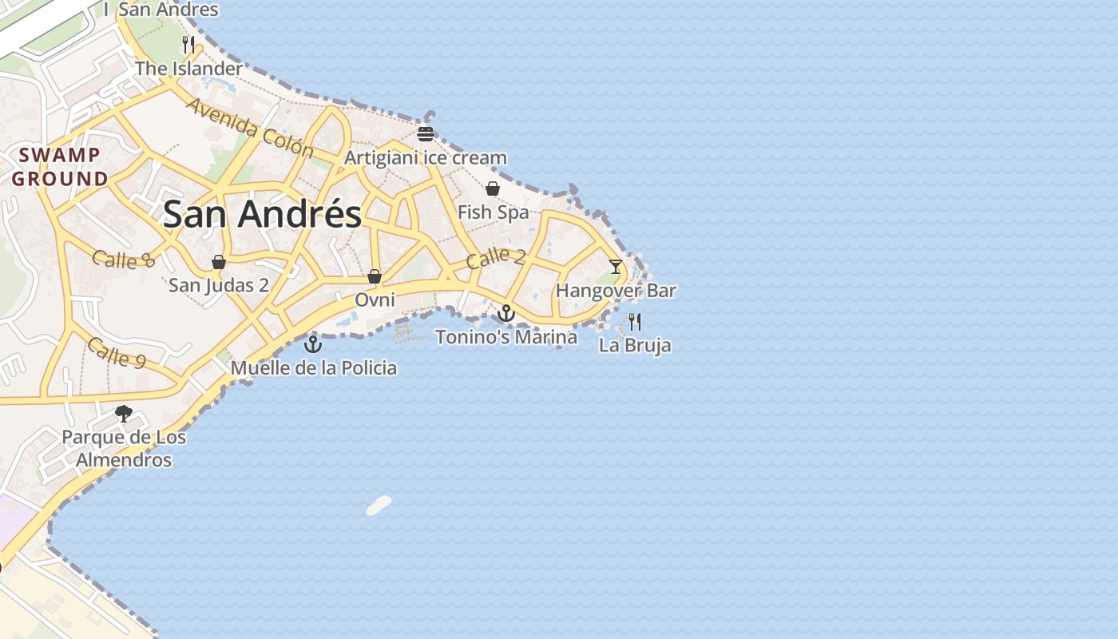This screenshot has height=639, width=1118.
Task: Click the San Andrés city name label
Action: coord(262,215)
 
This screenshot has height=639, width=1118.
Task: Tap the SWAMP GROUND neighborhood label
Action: coord(60,167)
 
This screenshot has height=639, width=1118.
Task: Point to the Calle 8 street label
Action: coord(123,259)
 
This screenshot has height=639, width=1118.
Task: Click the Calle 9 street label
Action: coord(117,352)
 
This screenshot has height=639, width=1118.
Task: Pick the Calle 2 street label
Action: coord(495,257)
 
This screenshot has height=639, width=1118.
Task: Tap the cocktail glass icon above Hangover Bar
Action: coord(615,266)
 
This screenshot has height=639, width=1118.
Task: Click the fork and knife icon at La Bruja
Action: coord(635,322)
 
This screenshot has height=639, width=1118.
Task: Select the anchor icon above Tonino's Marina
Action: coord(505,312)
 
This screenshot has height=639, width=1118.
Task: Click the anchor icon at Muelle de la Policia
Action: coord(313,344)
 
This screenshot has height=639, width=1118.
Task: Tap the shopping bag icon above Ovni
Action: coord(375,276)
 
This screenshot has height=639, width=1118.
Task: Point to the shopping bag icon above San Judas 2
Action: coord(219,262)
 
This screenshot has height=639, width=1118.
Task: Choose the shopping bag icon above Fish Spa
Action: coord(493,189)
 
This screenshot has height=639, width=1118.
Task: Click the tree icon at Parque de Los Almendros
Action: coord(124,413)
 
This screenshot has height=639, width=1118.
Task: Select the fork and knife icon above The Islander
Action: coord(188,45)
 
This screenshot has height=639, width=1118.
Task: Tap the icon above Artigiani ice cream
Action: coord(426,133)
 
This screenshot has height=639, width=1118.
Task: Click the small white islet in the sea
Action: coord(379,505)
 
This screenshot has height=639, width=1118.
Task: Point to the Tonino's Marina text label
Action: coord(506,337)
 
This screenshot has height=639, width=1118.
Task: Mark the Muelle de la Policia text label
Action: coord(314,368)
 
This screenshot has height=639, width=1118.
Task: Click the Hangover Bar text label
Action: coord(616,291)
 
